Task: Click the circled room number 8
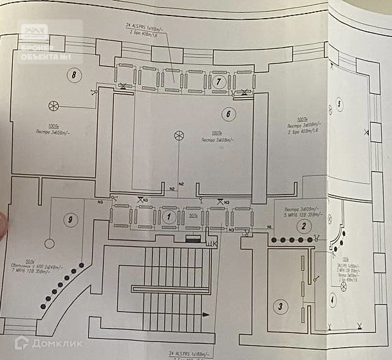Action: [x=75, y=75]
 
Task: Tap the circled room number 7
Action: [x=219, y=81]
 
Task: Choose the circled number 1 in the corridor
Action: [x=169, y=216]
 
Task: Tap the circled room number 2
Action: [x=308, y=225]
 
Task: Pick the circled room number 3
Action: [x=280, y=306]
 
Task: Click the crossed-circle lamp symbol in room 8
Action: [x=54, y=106]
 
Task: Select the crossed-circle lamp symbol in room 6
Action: [x=180, y=135]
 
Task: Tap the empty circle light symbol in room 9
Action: [x=48, y=244]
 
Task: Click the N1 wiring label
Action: [x=269, y=226]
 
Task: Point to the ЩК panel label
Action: [x=210, y=244]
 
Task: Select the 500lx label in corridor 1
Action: [x=191, y=216]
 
